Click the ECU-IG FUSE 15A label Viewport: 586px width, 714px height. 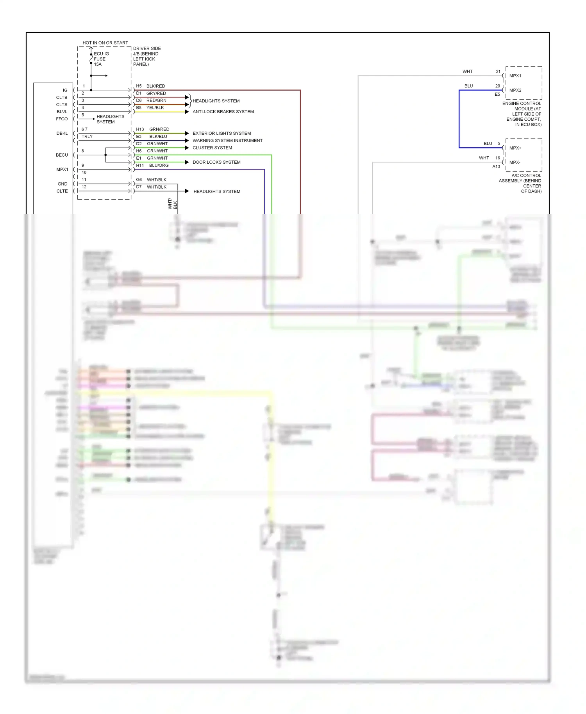coord(101,59)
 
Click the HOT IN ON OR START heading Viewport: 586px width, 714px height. coord(105,43)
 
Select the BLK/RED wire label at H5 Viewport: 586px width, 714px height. coord(155,86)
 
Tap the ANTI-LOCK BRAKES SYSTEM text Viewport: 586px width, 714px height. coord(223,112)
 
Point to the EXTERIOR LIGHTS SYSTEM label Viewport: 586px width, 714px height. coord(222,133)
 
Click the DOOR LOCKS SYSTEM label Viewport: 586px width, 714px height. coord(216,162)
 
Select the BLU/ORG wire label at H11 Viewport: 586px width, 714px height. coord(159,165)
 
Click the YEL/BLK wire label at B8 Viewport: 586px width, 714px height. coord(155,107)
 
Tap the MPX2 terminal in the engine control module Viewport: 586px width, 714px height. coord(515,90)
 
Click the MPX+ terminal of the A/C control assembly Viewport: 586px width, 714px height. coord(515,148)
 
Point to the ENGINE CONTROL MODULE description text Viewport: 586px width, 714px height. coord(522,114)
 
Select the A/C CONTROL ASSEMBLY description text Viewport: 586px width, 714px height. coord(521,183)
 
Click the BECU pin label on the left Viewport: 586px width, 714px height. coord(62,155)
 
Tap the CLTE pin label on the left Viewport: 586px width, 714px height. coord(62,191)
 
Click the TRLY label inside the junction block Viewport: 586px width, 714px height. coord(87,136)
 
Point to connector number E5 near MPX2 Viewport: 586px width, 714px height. coord(497,95)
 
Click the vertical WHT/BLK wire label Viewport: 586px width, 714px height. coord(172,204)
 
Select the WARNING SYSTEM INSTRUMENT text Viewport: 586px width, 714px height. coord(227,141)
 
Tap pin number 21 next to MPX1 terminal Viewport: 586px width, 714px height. coord(498,71)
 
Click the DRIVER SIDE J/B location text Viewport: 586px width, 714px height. coord(146,56)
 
